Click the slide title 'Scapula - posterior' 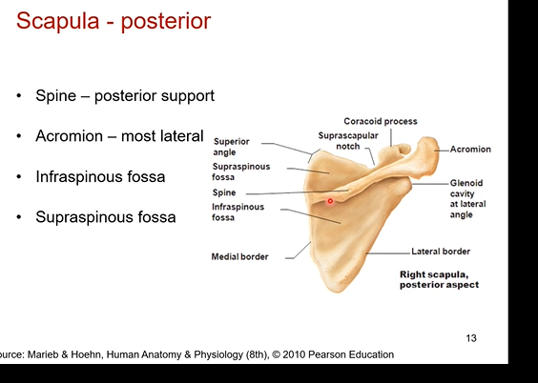tap(114, 21)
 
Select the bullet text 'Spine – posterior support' tap(124, 96)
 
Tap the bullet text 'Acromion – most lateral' tap(119, 136)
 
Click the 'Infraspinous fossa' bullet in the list tap(100, 177)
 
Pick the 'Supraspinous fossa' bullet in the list tap(106, 217)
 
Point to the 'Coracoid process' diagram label tap(380, 121)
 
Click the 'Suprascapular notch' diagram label tap(347, 141)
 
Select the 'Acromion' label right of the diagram tap(470, 150)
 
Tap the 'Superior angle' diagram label tap(231, 147)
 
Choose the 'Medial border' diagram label tap(239, 256)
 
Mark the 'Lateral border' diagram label tap(440, 252)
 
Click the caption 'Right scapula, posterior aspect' tap(439, 279)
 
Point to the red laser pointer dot tap(330, 201)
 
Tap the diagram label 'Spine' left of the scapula tap(223, 192)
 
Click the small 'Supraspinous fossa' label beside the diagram tap(240, 171)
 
